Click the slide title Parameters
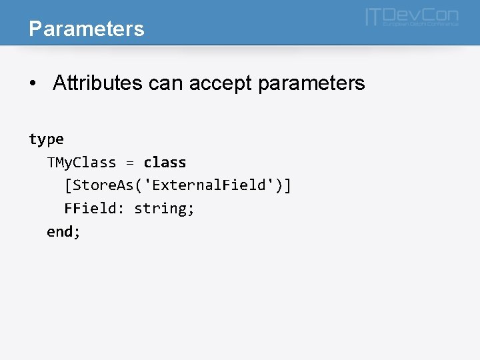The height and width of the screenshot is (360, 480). (87, 29)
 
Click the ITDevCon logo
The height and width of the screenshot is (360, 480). (411, 17)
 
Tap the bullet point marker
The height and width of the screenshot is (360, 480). (33, 84)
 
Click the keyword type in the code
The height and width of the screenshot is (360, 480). (46, 139)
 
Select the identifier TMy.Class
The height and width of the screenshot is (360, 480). (81, 163)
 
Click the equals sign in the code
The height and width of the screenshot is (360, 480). (130, 163)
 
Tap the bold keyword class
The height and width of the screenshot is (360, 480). (165, 163)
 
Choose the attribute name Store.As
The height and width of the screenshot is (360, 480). (102, 185)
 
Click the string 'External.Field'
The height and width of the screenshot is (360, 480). (210, 185)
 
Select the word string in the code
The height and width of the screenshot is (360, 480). (160, 209)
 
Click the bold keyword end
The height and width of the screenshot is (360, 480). (59, 232)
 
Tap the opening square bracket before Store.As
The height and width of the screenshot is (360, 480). (67, 185)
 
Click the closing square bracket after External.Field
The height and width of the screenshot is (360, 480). (287, 185)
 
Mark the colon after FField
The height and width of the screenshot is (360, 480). (121, 209)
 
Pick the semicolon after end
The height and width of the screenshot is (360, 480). (77, 233)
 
